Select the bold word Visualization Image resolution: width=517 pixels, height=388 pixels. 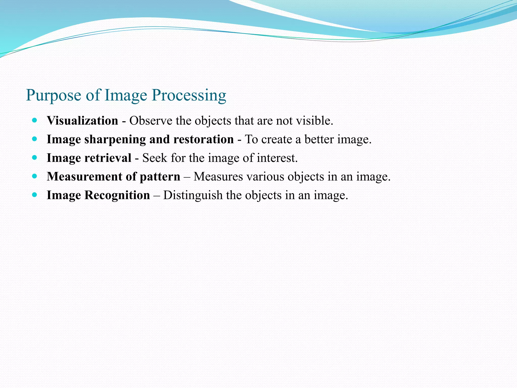click(82, 121)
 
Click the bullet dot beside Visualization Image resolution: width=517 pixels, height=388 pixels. click(35, 120)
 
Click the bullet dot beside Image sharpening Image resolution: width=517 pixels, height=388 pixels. click(35, 139)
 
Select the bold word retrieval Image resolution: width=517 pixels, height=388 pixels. click(108, 158)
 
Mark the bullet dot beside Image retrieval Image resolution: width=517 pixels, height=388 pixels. click(35, 158)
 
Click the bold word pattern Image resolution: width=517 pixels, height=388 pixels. click(160, 177)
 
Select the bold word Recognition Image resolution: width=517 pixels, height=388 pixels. click(117, 195)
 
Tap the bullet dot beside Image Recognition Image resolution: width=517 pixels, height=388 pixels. click(35, 195)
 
